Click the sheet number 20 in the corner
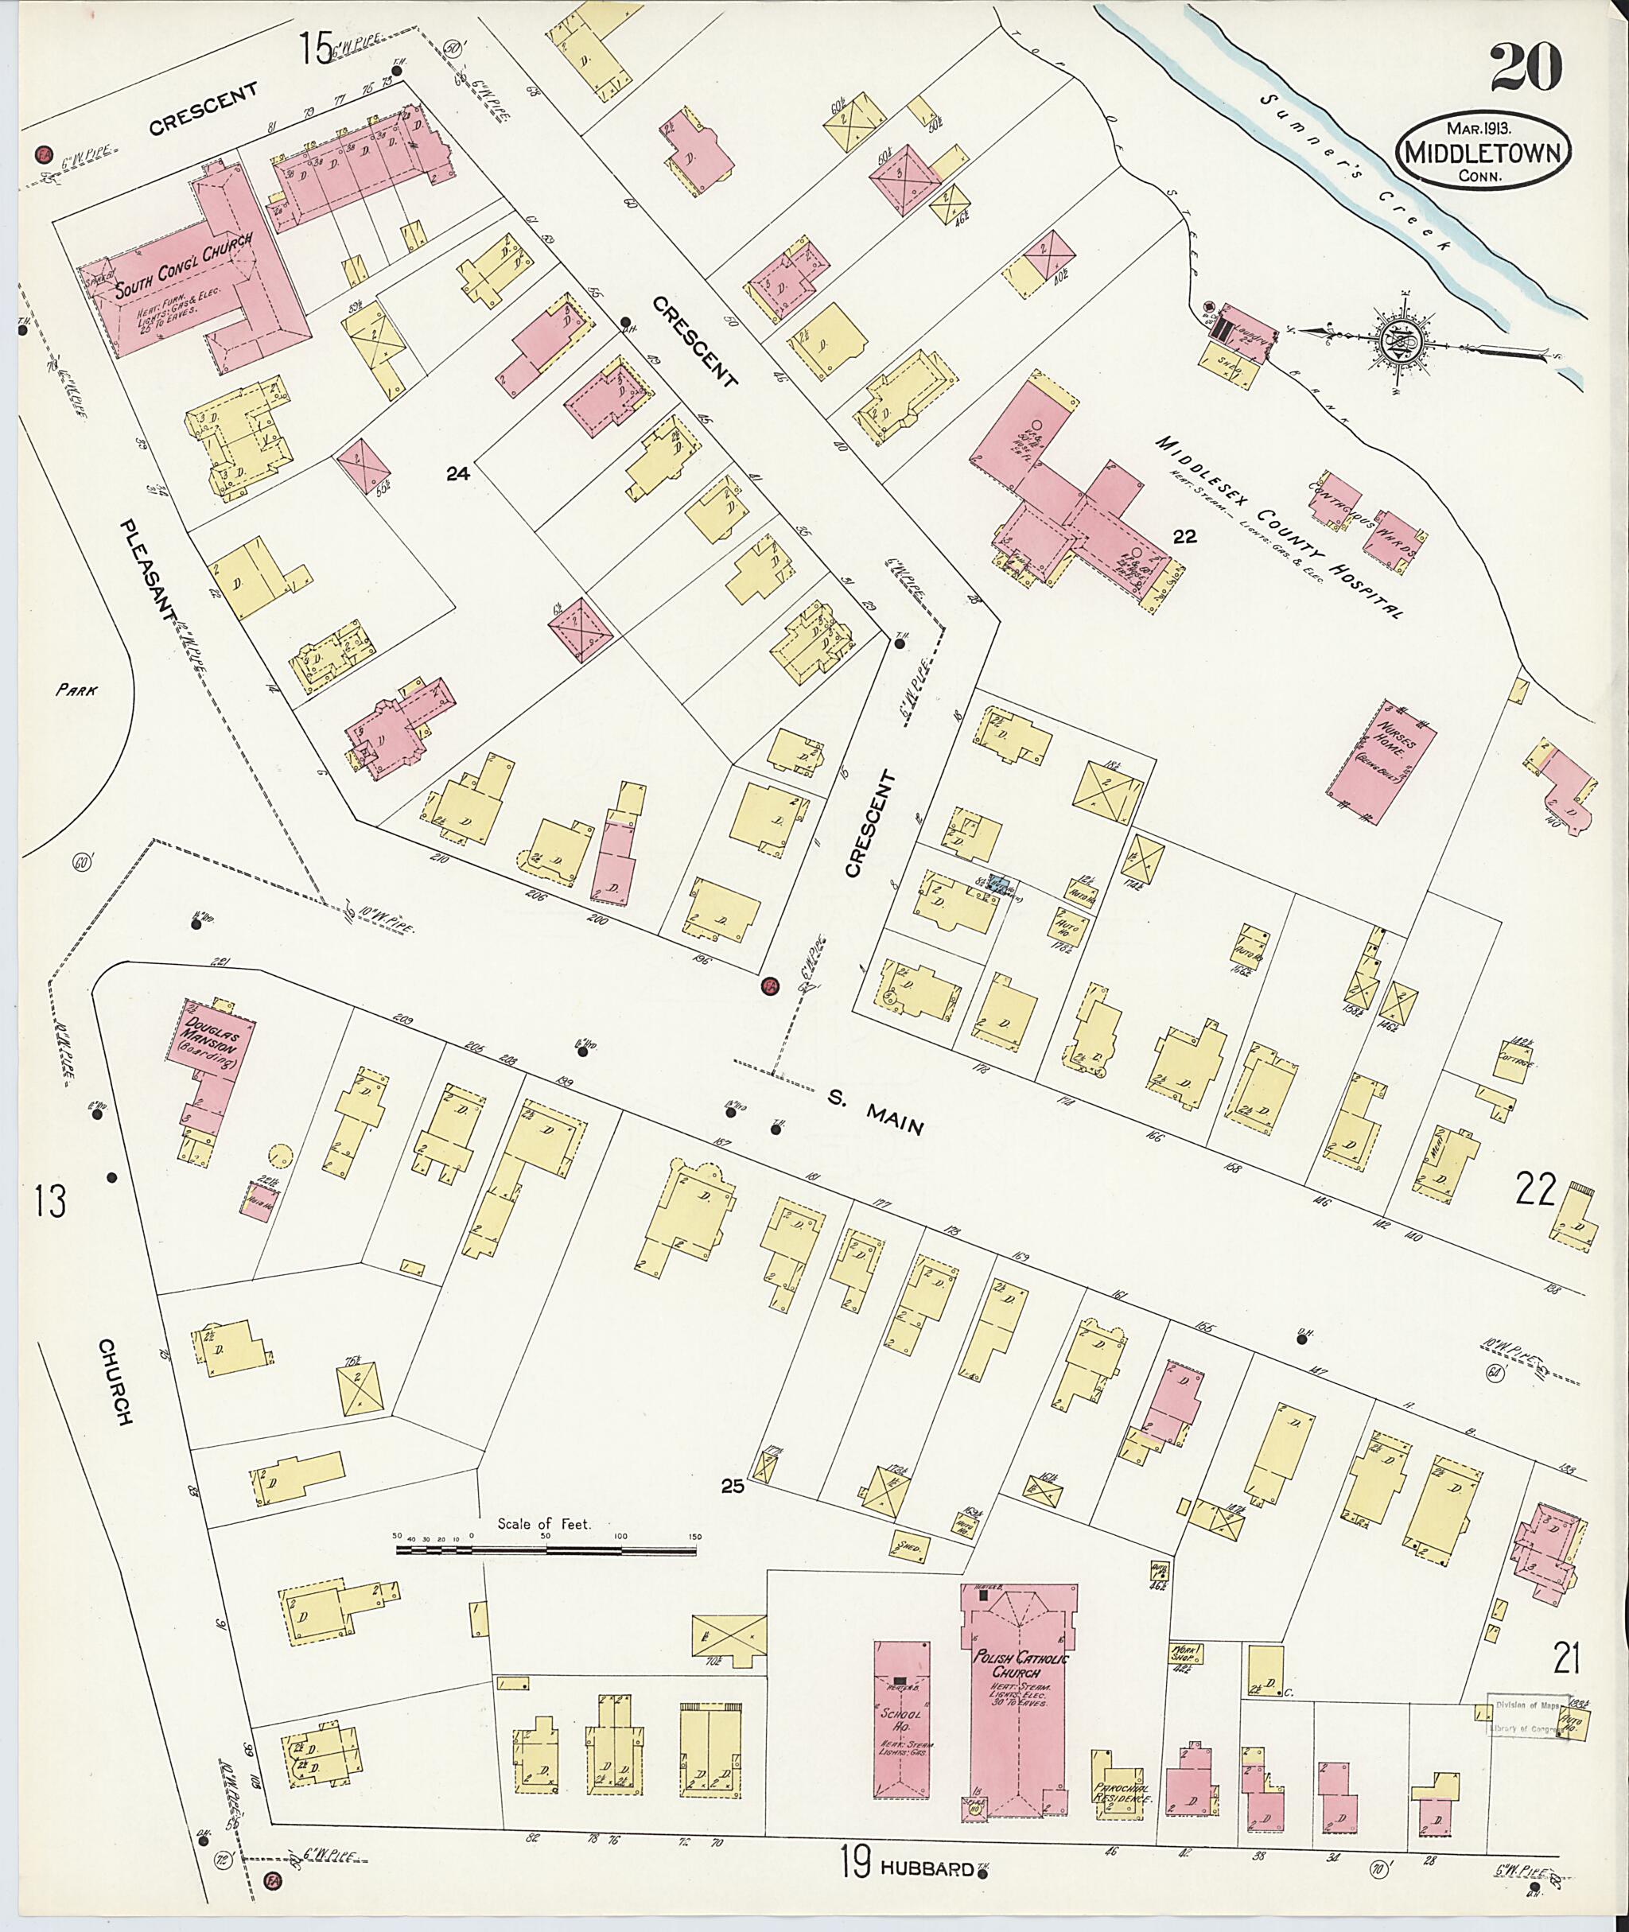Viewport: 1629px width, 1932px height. point(1525,67)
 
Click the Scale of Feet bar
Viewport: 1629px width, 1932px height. point(549,1549)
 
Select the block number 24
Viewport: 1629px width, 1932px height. point(457,474)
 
